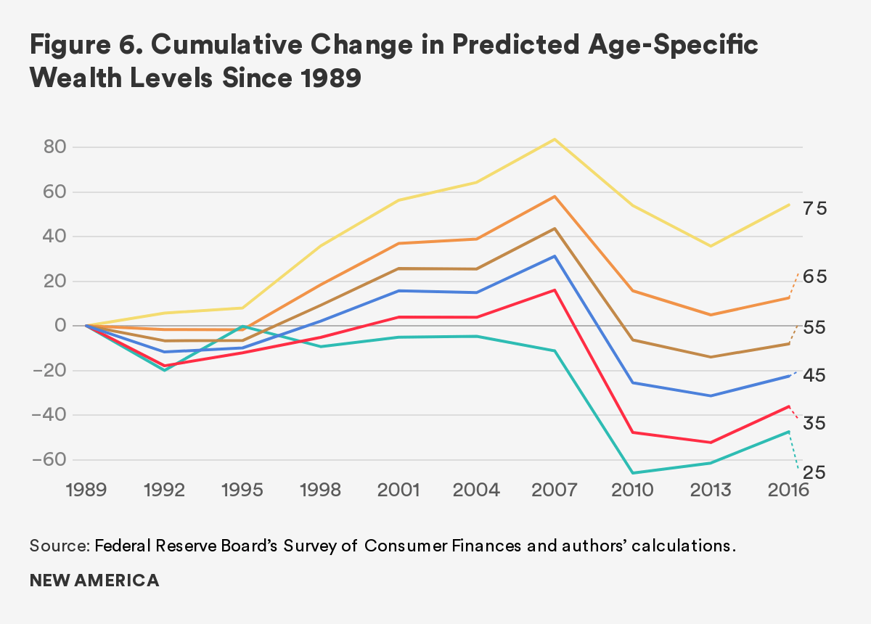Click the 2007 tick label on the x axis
coord(555,490)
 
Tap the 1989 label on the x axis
coord(86,490)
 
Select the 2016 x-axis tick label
coord(789,490)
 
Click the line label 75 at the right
coord(815,209)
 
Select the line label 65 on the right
coord(815,277)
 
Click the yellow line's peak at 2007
coord(555,139)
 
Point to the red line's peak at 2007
coord(555,290)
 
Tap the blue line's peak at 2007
coord(555,256)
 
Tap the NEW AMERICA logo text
coord(94,581)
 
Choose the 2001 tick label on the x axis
coord(398,490)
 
